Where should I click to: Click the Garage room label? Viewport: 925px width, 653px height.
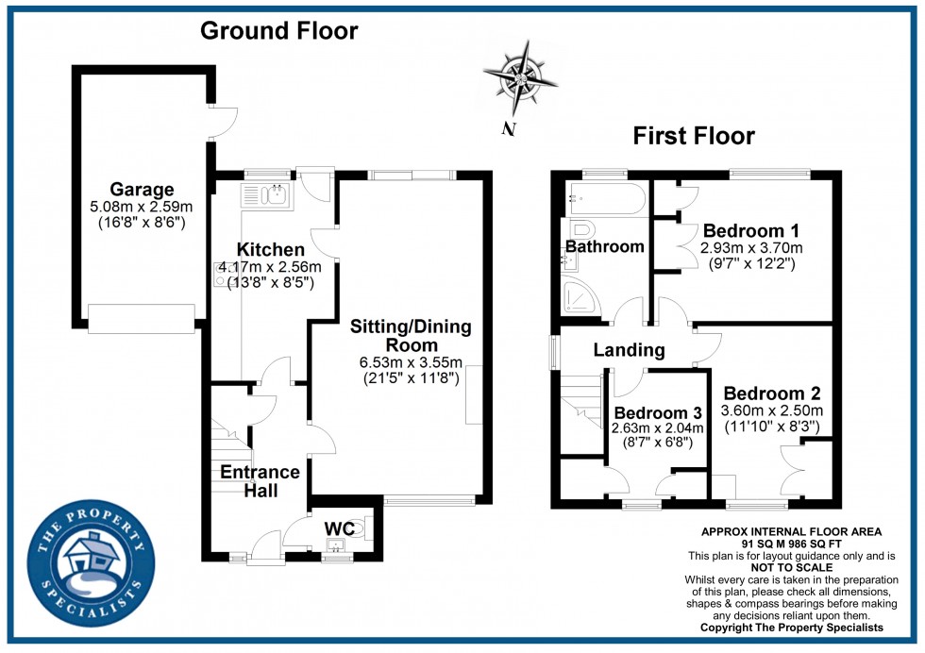[140, 189]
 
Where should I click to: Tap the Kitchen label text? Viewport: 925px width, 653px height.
[270, 250]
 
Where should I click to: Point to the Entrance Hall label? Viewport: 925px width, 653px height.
[260, 480]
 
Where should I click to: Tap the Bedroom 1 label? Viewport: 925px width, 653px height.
[744, 231]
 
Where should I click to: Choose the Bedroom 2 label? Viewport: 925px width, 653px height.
[772, 393]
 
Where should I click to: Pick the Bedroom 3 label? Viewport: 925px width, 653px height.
[658, 412]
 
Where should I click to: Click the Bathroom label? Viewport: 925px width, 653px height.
[604, 246]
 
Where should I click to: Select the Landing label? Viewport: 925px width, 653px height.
[629, 350]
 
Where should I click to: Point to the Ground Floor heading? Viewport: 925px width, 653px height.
[278, 31]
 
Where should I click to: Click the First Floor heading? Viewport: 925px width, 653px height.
[693, 136]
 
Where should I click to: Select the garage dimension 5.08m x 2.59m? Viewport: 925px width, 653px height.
[140, 207]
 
